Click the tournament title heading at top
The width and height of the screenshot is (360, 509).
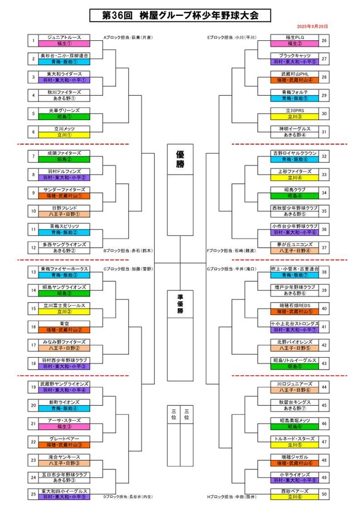pos(180,15)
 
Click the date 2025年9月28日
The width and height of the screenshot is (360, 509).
pos(312,27)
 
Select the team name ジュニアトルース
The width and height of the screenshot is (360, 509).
pos(63,37)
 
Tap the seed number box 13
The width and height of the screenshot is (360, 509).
pos(33,272)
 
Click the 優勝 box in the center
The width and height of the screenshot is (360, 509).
pos(180,160)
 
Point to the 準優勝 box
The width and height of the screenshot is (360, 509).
pos(180,303)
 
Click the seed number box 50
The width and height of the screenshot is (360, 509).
pos(324,494)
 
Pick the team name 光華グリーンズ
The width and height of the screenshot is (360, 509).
pos(63,111)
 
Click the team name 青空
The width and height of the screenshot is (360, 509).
pos(63,324)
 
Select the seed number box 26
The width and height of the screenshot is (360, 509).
pos(324,41)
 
